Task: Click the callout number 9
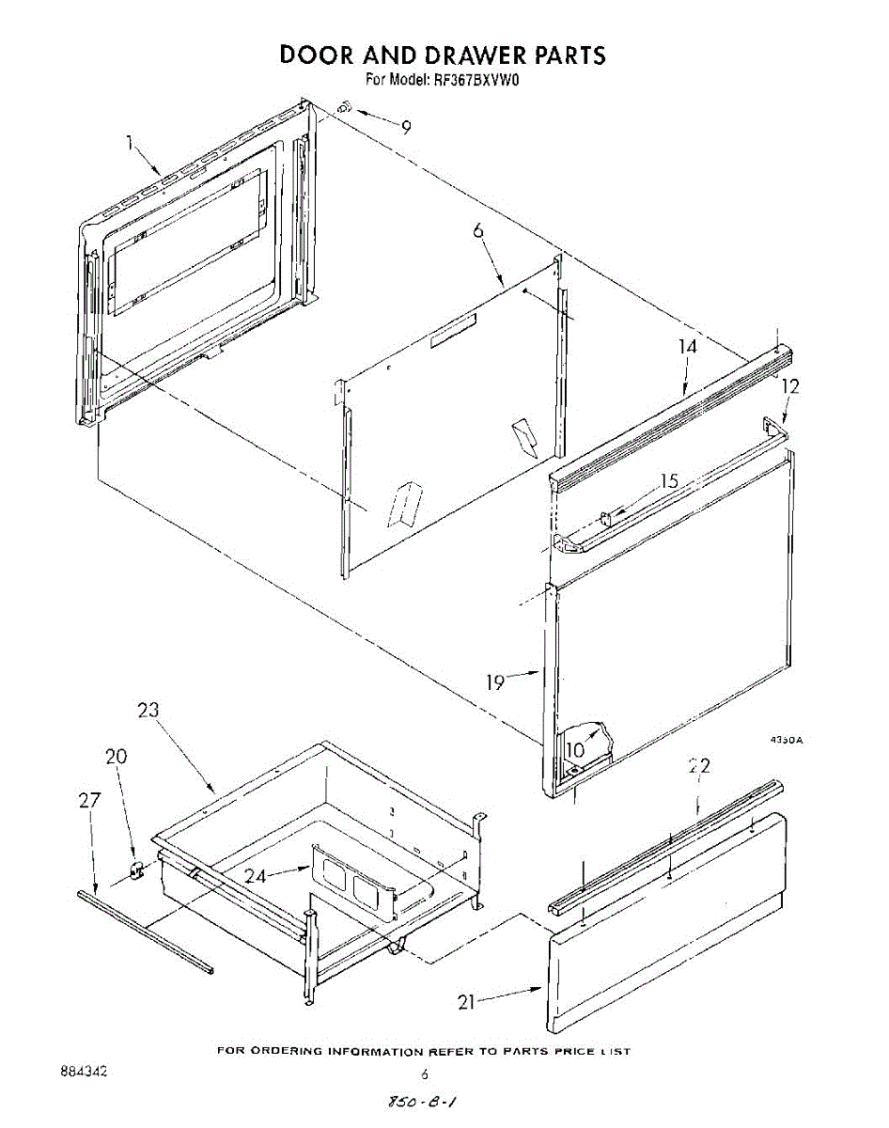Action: tap(405, 128)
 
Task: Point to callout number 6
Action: tap(478, 229)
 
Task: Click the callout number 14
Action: tap(687, 347)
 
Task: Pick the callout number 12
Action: tap(790, 386)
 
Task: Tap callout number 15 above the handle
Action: tap(669, 480)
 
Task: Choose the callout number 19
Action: tap(495, 681)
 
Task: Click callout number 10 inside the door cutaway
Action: tap(575, 750)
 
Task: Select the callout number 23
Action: tap(148, 710)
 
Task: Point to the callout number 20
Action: tap(116, 756)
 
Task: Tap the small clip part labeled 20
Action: tap(137, 869)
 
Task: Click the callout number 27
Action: tap(89, 800)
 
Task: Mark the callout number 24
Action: tap(256, 875)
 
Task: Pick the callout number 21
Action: tap(466, 1002)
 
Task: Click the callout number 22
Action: tap(699, 766)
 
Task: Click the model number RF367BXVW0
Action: tap(475, 80)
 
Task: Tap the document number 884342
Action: tap(84, 1072)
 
